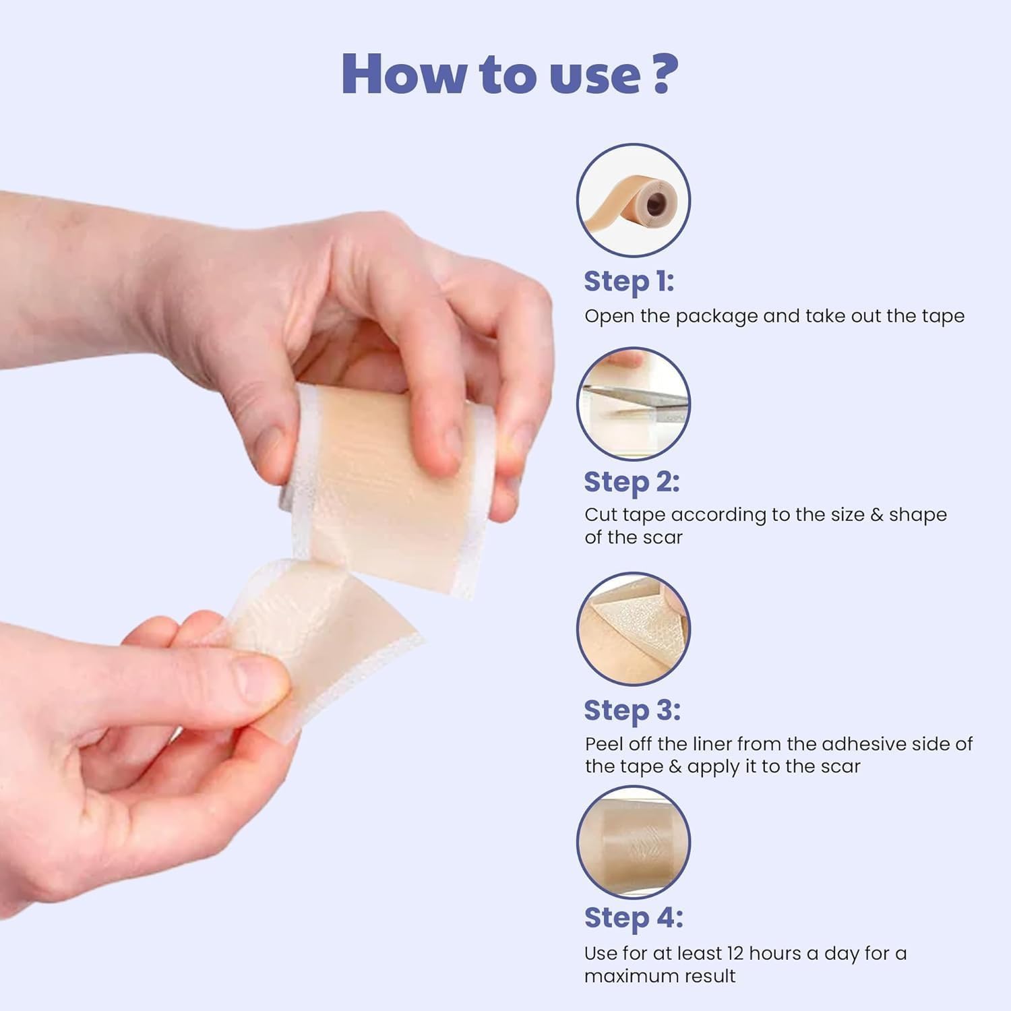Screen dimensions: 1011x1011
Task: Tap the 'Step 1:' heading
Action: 628,281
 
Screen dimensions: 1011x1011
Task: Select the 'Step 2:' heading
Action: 631,482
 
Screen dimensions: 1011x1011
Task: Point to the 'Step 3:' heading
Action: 632,710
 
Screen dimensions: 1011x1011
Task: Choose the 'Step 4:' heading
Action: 633,917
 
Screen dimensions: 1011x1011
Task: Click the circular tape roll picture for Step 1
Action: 633,200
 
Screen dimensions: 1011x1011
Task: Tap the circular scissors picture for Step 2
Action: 633,404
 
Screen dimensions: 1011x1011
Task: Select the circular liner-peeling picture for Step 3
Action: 633,629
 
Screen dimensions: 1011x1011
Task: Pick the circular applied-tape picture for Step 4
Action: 633,842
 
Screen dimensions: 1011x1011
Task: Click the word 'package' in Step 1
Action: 716,317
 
